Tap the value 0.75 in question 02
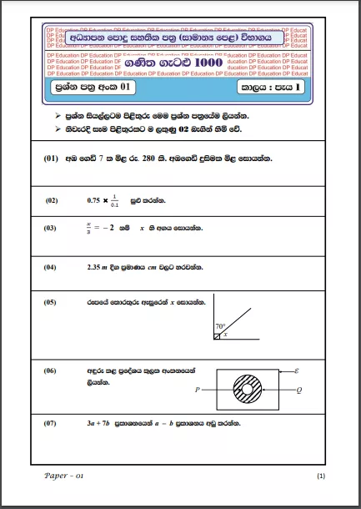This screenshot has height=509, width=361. click(x=94, y=200)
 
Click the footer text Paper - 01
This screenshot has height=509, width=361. click(x=64, y=475)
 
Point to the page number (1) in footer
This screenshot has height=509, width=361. click(x=321, y=476)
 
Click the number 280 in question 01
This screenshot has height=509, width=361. click(x=148, y=159)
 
